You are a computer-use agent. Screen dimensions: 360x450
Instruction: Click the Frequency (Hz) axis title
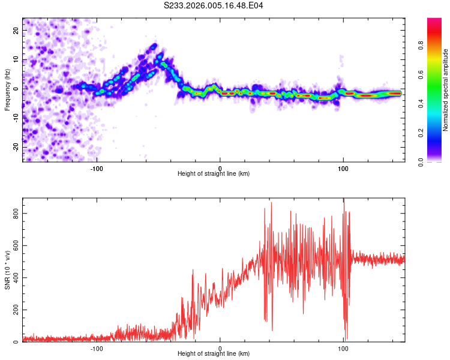(x=7, y=89)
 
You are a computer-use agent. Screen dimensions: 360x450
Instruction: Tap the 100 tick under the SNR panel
(x=343, y=348)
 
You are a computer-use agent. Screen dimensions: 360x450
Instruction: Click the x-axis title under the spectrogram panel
(x=214, y=174)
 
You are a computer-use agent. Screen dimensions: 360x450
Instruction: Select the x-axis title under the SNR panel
(x=214, y=354)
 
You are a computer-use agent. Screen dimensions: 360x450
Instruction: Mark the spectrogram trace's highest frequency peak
(x=154, y=45)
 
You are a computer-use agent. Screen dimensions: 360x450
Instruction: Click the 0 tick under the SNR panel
(x=220, y=348)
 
